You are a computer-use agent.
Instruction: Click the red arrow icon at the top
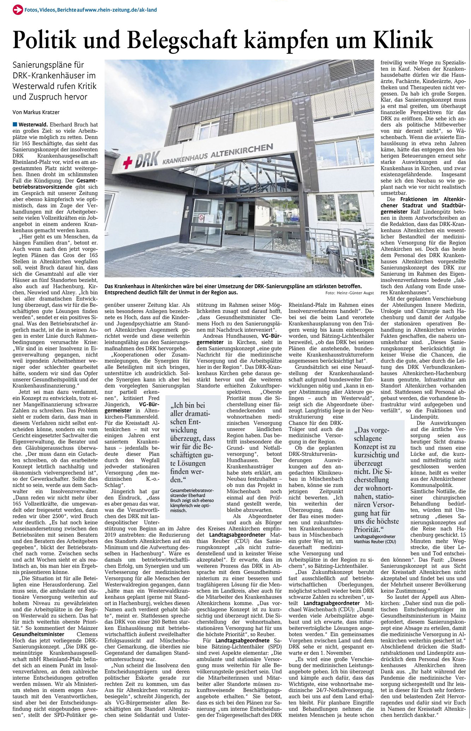click(17, 10)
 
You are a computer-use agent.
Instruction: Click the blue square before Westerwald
click(14, 124)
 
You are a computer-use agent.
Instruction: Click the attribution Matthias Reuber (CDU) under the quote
click(375, 541)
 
